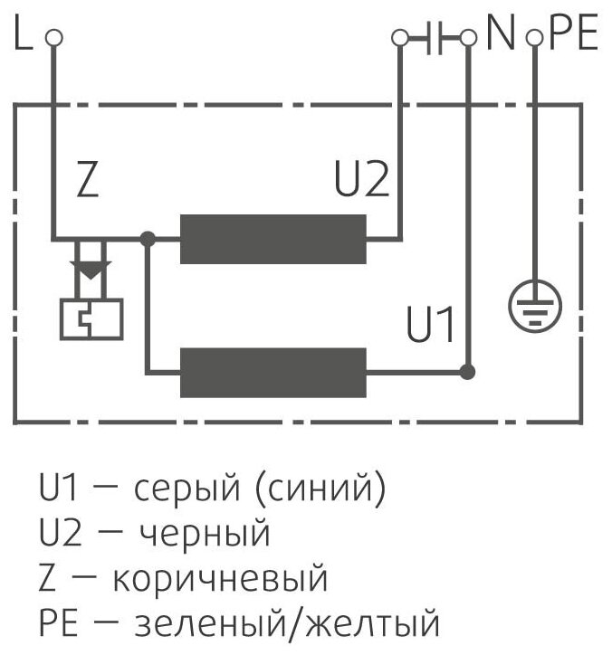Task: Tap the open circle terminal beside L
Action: click(55, 38)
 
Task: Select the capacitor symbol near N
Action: click(434, 38)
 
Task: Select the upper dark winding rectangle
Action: click(273, 239)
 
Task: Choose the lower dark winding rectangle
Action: click(273, 372)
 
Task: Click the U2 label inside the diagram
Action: click(361, 182)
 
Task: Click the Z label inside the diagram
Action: click(86, 182)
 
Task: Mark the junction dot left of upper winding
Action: click(149, 239)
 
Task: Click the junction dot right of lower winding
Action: click(467, 372)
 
